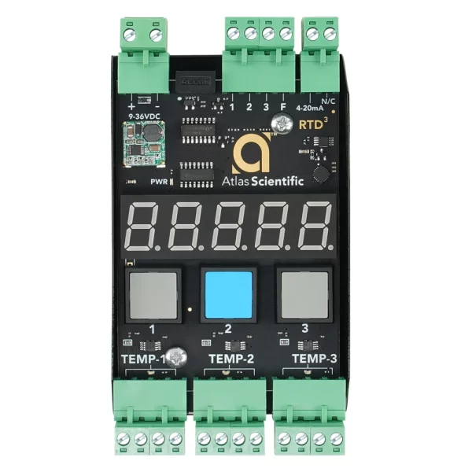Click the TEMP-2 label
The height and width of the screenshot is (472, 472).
click(231, 360)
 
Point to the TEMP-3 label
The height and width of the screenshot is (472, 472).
click(314, 360)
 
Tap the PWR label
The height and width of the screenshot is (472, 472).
click(158, 181)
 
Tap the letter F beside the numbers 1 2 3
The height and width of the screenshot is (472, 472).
click(282, 105)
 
